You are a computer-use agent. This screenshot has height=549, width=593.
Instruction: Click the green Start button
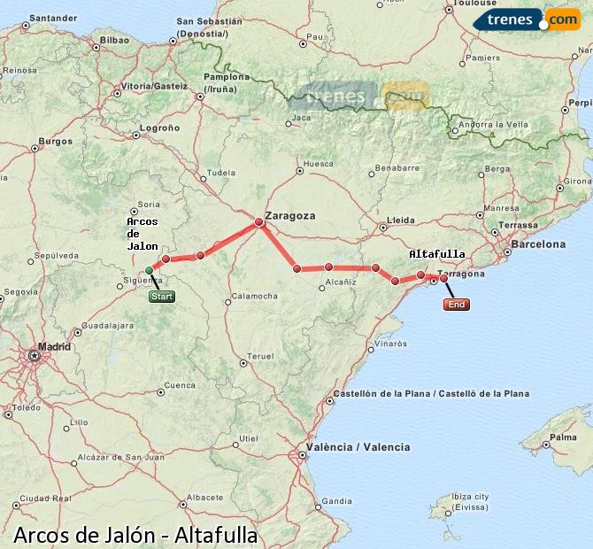(x=162, y=297)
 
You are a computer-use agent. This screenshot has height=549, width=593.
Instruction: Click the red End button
(x=456, y=305)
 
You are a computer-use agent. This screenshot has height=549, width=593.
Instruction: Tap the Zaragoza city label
(x=290, y=214)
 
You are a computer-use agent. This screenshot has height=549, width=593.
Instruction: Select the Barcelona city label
(x=538, y=244)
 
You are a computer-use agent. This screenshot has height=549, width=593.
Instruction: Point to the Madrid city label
(x=54, y=346)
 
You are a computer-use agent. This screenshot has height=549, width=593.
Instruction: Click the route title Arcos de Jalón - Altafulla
(x=135, y=535)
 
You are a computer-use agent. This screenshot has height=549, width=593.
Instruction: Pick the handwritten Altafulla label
(x=437, y=254)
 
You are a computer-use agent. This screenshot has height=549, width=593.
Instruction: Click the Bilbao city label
(x=115, y=40)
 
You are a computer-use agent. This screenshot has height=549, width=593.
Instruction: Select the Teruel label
(x=260, y=356)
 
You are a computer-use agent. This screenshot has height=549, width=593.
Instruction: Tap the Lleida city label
(x=401, y=220)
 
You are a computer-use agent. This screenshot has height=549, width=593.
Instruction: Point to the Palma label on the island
(x=562, y=437)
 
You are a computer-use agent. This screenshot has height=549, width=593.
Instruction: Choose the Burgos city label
(x=55, y=141)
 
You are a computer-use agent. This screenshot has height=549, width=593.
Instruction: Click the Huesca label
(x=319, y=164)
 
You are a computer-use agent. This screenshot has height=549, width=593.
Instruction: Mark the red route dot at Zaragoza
(x=259, y=222)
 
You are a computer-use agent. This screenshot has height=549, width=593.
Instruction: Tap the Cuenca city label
(x=180, y=385)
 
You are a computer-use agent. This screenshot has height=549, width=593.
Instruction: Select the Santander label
(x=53, y=17)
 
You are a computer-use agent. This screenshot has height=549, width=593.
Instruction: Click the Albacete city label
(x=205, y=498)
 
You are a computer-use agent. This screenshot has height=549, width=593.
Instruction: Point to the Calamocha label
(x=255, y=296)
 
